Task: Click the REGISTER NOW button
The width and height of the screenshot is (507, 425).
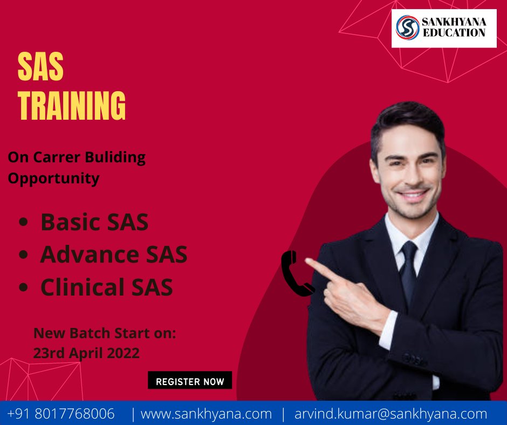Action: click(x=190, y=381)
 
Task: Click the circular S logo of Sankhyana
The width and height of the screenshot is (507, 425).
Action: click(x=408, y=28)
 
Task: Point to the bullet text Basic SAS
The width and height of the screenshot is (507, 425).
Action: click(x=94, y=222)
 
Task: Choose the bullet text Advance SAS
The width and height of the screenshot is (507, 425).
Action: click(x=114, y=254)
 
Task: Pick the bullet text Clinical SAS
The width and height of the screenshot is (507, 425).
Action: click(x=107, y=287)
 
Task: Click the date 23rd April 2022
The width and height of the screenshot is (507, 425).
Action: click(x=86, y=353)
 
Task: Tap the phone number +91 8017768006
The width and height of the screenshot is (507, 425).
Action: click(x=61, y=414)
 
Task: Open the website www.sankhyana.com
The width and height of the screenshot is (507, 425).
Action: click(x=206, y=414)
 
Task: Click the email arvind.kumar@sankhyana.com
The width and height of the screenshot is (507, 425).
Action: click(x=390, y=414)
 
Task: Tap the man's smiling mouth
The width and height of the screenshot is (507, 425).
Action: click(x=414, y=195)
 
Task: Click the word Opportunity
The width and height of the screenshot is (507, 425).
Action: click(x=53, y=178)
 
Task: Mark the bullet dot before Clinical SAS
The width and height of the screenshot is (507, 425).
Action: click(x=23, y=288)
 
